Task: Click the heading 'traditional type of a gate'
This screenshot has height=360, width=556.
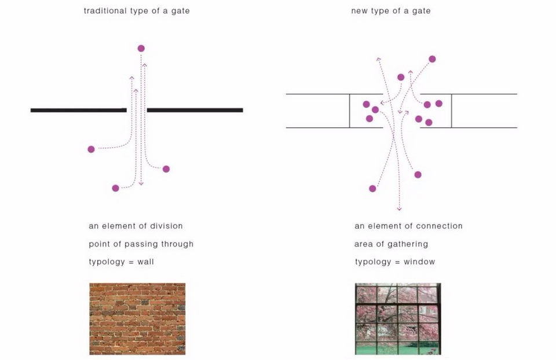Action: coord(137,11)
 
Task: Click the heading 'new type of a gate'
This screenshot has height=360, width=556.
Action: coord(391,11)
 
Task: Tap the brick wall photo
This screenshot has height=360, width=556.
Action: coord(137,318)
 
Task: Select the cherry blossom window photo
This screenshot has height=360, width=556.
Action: coord(398,318)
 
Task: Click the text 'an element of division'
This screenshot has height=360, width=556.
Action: coord(136,226)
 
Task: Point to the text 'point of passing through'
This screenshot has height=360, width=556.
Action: coord(141,244)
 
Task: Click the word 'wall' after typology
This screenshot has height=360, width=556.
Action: coord(146,262)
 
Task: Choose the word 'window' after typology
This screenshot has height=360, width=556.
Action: coord(419,262)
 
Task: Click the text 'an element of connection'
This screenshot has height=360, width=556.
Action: coord(408,226)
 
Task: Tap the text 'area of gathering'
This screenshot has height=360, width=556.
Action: coord(391,244)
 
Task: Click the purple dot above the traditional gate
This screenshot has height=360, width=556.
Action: coord(141,49)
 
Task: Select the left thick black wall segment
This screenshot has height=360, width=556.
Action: coord(78,110)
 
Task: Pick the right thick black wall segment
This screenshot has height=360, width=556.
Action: coord(195,110)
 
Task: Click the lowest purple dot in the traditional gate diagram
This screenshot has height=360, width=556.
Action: coord(116,188)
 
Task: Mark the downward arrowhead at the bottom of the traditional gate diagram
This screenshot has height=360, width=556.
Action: coord(141,183)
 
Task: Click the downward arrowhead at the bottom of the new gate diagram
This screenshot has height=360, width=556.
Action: coord(399,208)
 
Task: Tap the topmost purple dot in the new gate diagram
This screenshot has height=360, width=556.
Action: coord(432,59)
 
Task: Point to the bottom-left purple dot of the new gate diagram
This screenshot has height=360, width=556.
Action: coord(372,189)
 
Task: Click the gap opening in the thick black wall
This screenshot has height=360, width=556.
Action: coord(137,110)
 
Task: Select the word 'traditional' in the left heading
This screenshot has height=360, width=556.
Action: coord(104,11)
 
